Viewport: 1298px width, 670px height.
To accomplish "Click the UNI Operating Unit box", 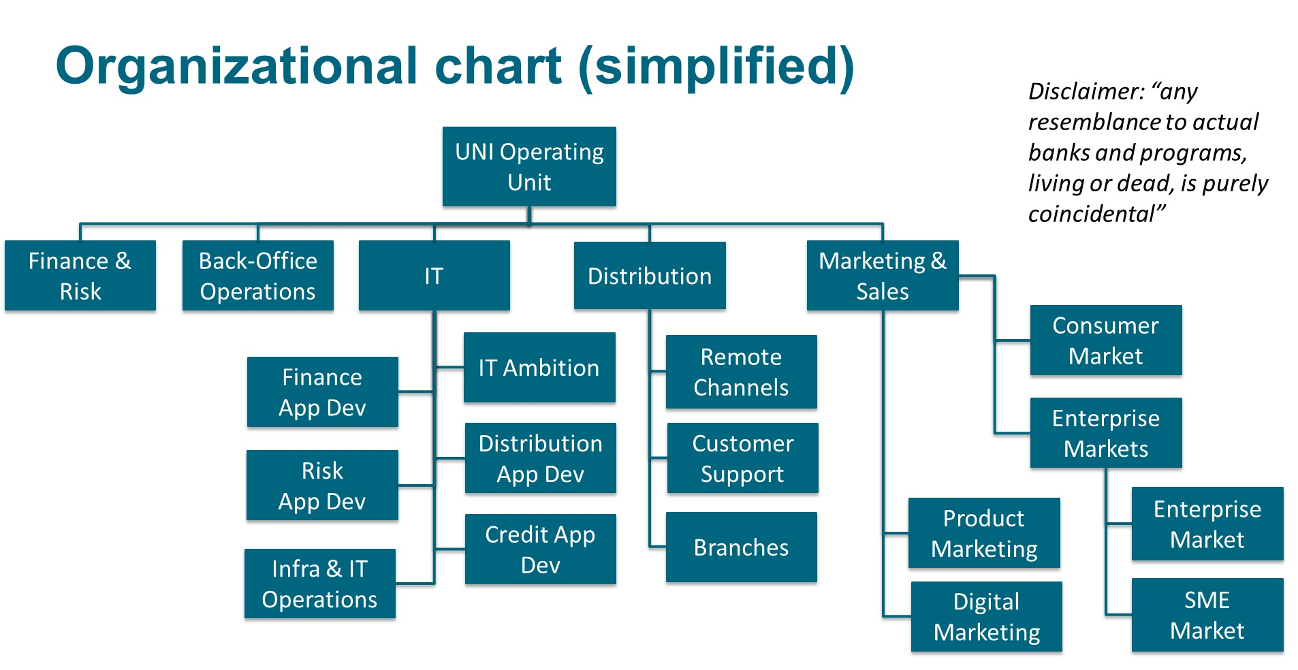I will tap(529, 167).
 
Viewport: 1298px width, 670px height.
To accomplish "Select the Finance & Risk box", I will tap(80, 276).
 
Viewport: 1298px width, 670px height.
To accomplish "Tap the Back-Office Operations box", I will tap(258, 276).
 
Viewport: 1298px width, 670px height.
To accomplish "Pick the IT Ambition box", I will tap(539, 368).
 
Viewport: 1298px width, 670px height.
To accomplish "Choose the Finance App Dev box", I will tap(323, 392).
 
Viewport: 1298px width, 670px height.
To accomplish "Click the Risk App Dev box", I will tap(323, 485).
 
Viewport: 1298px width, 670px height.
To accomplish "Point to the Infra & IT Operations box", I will tap(320, 584).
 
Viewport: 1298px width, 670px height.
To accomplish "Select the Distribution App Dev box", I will tap(541, 458).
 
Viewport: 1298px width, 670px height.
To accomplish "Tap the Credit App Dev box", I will tap(541, 549).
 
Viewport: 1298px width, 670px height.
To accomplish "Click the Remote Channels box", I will tap(742, 372).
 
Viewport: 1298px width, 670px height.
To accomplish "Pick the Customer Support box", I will tap(743, 458).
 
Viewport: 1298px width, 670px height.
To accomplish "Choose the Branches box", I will tap(742, 547).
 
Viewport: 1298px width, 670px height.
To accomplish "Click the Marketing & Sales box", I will tap(883, 276).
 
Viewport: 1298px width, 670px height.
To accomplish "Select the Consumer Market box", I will tap(1106, 340).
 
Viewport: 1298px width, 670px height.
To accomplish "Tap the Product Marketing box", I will tap(984, 533).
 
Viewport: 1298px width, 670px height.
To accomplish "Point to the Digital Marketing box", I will tap(987, 617).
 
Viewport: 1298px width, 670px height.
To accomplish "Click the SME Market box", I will tap(1207, 615).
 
